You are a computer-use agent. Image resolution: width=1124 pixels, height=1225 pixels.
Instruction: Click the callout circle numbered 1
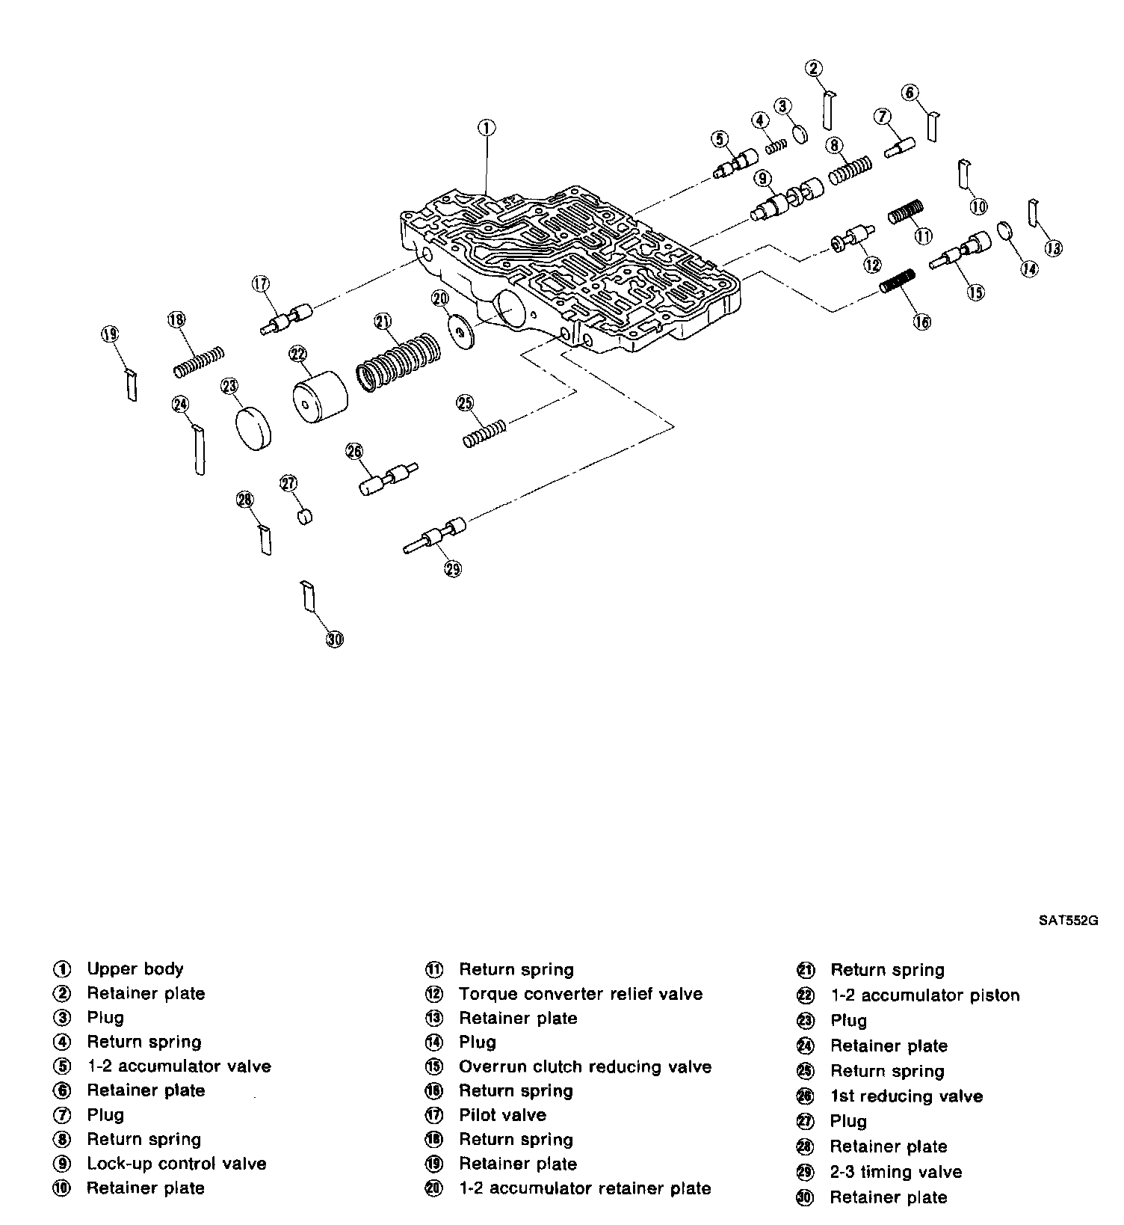click(x=486, y=128)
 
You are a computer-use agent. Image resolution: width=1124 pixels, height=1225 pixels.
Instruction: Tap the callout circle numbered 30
click(x=335, y=639)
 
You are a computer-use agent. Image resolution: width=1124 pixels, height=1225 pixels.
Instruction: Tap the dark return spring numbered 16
click(x=898, y=281)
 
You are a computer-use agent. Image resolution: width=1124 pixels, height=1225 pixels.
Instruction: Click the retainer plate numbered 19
click(x=131, y=384)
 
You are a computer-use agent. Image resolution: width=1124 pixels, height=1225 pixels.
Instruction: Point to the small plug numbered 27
click(x=305, y=516)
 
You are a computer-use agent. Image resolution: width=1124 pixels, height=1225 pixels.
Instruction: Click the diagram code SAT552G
click(x=1067, y=921)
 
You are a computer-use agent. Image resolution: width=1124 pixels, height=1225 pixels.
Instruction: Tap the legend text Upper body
click(x=135, y=968)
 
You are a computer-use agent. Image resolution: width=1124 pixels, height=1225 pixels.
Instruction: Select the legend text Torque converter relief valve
click(x=581, y=994)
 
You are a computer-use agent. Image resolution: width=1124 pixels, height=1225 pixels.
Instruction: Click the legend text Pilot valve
click(x=502, y=1115)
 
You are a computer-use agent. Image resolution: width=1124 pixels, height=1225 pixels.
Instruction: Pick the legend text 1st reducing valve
click(x=906, y=1096)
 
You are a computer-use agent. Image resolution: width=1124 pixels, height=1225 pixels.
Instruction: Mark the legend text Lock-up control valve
click(x=176, y=1164)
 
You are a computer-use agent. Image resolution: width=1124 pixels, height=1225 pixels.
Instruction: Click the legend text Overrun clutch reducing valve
click(x=585, y=1066)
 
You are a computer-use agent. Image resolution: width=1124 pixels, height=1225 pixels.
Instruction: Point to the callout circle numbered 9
click(x=762, y=179)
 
